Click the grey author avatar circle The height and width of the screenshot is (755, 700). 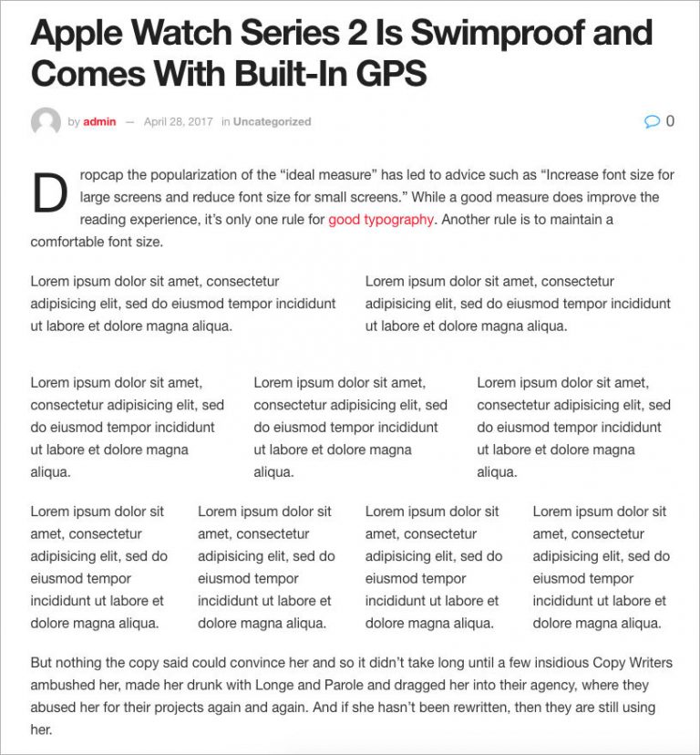[x=46, y=121]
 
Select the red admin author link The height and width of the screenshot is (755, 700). [x=99, y=121]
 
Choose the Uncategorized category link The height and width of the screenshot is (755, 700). [x=272, y=121]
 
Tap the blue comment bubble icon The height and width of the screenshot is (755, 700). [x=652, y=121]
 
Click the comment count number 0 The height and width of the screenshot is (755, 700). [x=670, y=120]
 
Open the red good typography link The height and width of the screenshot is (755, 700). [x=381, y=219]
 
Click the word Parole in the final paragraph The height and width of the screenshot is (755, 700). [x=355, y=685]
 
